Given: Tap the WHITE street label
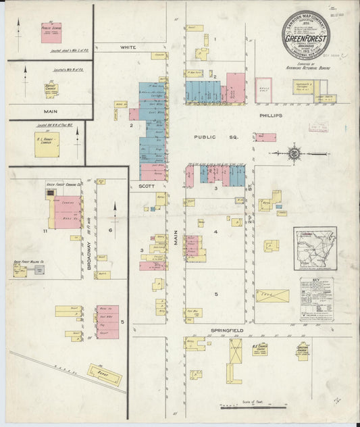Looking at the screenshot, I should (x=128, y=48).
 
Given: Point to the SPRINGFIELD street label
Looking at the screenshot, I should (x=226, y=330).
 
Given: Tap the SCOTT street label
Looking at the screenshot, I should (x=147, y=185).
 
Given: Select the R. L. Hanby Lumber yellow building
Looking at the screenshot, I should (x=47, y=145).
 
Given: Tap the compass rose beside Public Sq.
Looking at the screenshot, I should (x=294, y=153).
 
